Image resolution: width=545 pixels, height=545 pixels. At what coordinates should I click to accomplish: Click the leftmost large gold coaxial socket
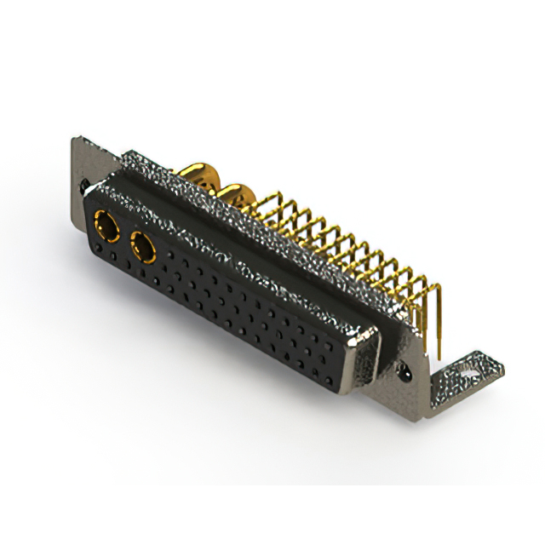108,226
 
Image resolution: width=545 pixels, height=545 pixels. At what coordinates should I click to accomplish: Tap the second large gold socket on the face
142,250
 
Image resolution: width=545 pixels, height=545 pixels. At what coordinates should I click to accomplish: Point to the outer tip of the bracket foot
502,366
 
